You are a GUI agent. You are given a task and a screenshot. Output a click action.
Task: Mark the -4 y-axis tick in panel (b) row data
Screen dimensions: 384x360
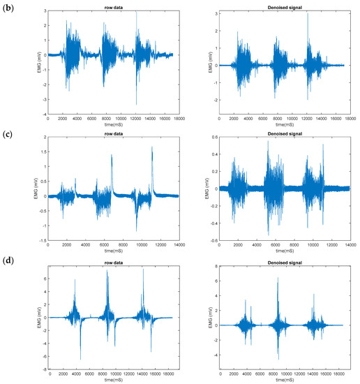pos(43,115)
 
